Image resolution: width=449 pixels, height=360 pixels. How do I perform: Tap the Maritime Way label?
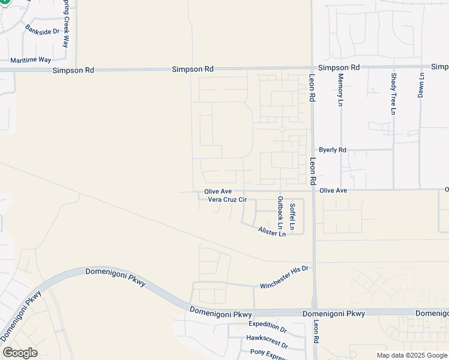click(x=31, y=60)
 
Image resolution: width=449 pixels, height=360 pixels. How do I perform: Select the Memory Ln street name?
click(x=340, y=90)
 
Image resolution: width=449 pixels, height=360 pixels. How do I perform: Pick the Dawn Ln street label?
click(x=421, y=85)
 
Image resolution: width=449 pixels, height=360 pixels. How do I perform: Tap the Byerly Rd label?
click(x=333, y=150)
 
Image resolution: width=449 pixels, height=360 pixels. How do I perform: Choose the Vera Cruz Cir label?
click(x=228, y=200)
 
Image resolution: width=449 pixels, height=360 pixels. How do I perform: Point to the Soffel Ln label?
click(x=292, y=217)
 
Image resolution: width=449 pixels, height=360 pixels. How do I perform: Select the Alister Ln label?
click(x=272, y=232)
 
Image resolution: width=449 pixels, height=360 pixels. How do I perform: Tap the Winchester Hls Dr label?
click(x=284, y=277)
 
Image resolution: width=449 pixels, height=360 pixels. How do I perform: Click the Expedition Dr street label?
click(x=268, y=326)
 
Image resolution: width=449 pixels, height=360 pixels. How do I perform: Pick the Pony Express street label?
click(x=269, y=355)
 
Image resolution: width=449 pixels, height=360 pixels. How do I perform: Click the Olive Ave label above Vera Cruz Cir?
click(x=218, y=191)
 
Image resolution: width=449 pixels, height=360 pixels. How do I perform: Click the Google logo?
click(x=20, y=353)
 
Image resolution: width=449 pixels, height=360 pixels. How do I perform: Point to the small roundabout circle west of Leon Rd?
click(x=282, y=129)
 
